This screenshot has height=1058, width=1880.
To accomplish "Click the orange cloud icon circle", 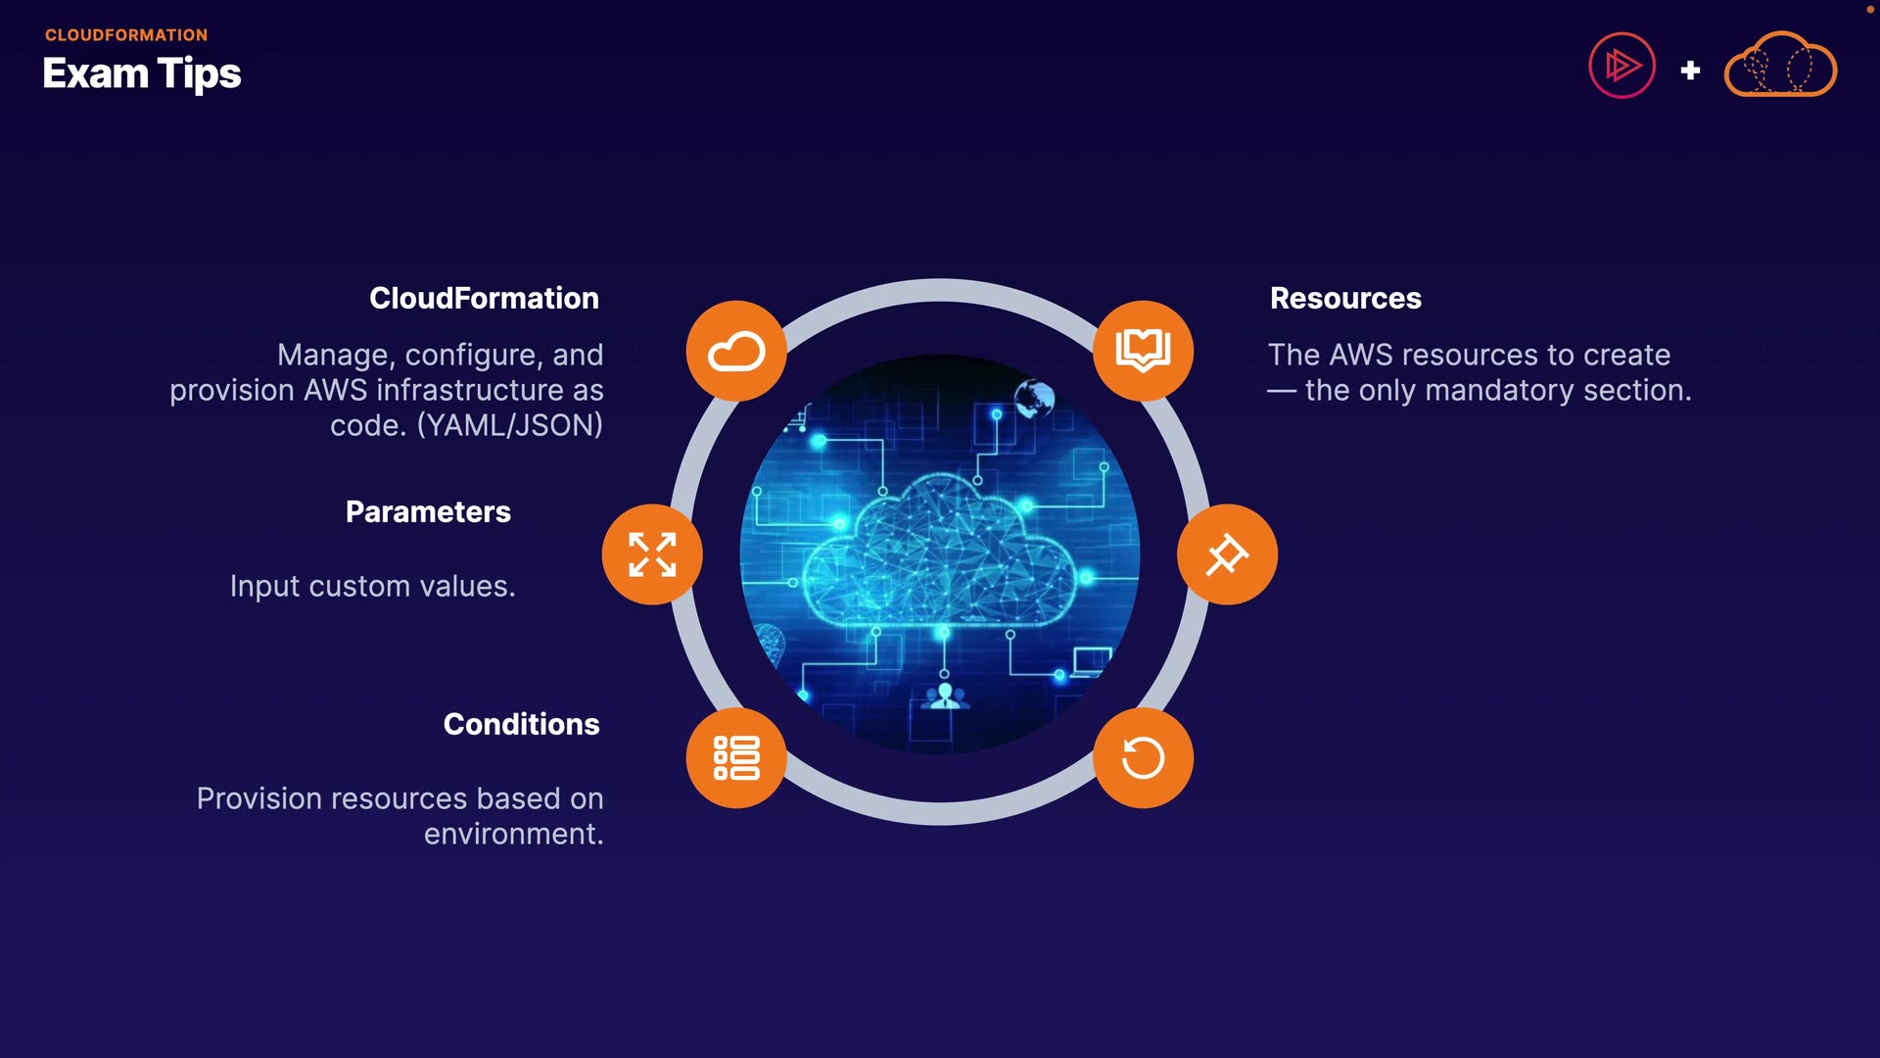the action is coord(736,351).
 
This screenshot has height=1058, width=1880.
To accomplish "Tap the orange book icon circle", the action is coord(1143,351).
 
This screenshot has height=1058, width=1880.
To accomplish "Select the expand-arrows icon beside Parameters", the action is coord(652,554).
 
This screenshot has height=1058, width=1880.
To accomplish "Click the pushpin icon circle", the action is coord(1227,554).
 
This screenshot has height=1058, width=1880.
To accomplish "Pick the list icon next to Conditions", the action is coord(736,758).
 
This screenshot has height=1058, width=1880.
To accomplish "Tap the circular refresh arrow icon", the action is coord(1143,758).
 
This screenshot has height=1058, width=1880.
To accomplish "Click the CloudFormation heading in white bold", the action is coord(484,298).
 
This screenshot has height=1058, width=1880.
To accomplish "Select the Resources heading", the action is coord(1345,298).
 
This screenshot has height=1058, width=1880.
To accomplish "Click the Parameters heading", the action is coord(428,511).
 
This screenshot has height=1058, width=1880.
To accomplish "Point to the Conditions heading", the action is coord(521,724).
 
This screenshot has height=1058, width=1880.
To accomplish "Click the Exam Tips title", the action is coord(142,73).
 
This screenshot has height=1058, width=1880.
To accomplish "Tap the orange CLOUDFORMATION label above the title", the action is coord(126,35).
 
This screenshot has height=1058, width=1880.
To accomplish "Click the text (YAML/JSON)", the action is coord(510,425).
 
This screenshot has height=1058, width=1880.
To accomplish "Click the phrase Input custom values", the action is coord(372,586).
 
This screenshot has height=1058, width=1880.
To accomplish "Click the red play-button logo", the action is coord(1621,66).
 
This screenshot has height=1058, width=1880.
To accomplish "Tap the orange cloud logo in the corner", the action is coord(1780,66).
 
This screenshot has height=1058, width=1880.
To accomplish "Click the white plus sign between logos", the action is coord(1690,71).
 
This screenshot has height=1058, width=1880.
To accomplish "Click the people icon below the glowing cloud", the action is coord(945,697).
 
